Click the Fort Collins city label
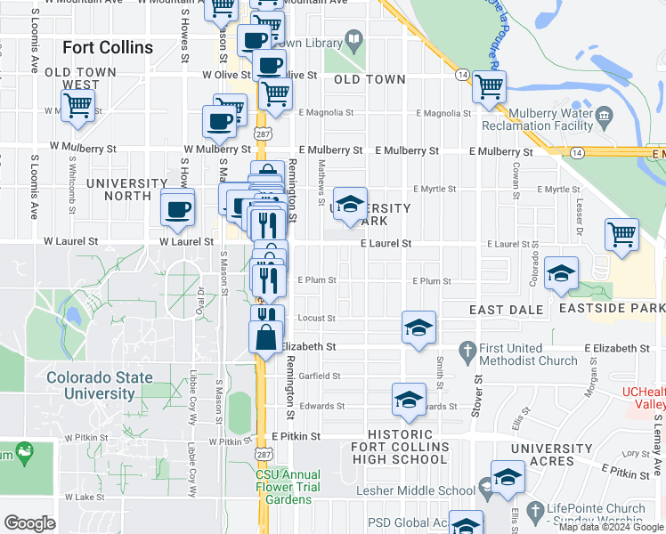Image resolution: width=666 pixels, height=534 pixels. (x=107, y=47)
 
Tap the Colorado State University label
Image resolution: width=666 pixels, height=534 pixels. (x=100, y=385)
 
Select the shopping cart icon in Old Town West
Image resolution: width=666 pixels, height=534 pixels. (x=78, y=105)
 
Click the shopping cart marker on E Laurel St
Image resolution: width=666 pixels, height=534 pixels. (x=622, y=235)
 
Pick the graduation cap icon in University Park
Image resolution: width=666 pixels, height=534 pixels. (x=350, y=203)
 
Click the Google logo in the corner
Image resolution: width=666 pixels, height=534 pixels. (x=29, y=523)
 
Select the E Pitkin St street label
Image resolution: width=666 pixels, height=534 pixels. (x=297, y=436)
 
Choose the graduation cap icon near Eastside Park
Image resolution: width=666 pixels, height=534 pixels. (x=561, y=275)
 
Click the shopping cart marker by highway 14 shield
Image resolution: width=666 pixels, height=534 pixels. (x=489, y=87)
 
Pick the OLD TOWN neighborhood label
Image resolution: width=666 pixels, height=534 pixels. (x=370, y=79)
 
